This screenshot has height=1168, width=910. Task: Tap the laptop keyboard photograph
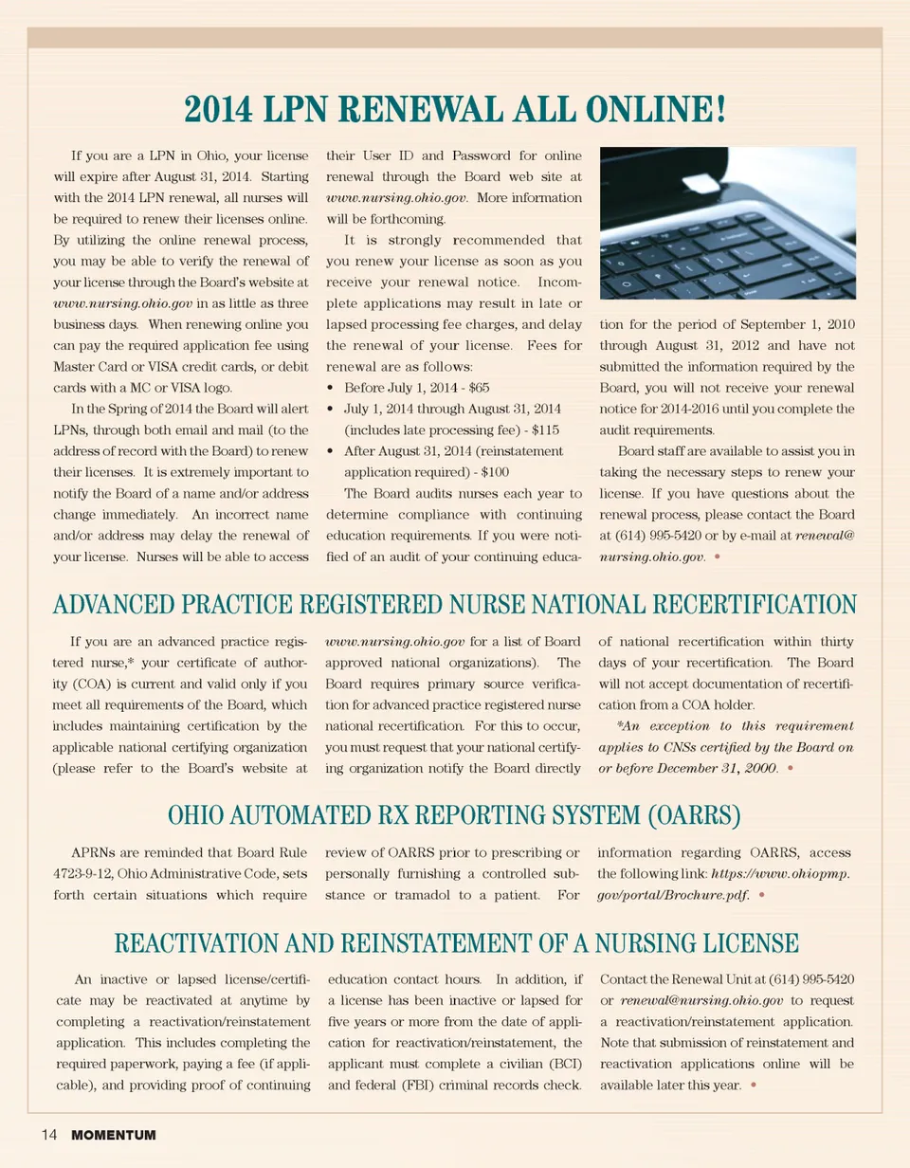(x=728, y=224)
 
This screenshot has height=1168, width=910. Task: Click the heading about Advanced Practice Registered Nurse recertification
(x=454, y=604)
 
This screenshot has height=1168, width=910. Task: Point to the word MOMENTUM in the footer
(x=113, y=1134)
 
